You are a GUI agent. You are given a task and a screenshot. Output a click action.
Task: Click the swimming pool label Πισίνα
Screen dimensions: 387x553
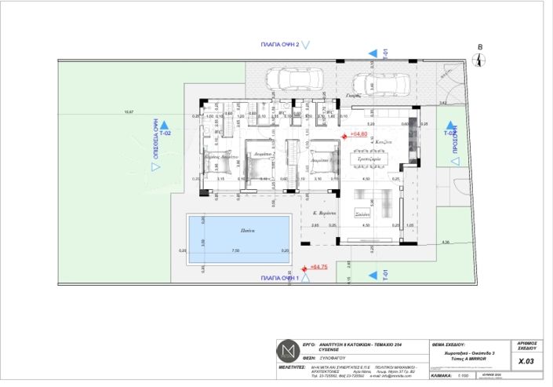point(238,232)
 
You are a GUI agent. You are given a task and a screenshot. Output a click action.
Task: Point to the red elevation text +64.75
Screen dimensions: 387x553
point(318,268)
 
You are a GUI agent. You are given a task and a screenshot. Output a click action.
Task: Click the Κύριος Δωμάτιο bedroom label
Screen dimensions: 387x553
point(221,157)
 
